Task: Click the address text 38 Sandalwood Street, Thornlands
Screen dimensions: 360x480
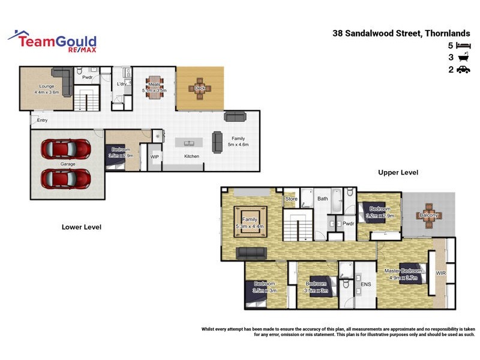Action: pos(401,34)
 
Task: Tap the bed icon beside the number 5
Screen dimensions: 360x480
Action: pos(463,46)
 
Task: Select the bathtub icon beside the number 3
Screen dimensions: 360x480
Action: pos(463,58)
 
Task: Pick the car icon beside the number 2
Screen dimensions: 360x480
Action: pos(463,70)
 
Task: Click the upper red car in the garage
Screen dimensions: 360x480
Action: pos(66,148)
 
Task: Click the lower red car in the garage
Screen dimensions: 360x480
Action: pos(66,178)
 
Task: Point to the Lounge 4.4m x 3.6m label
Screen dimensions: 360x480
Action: pos(47,89)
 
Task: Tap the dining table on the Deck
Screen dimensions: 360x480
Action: pos(200,88)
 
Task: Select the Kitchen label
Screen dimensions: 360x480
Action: pos(191,157)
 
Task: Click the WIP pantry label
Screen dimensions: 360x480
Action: pos(155,157)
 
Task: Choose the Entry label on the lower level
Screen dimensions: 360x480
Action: pos(42,121)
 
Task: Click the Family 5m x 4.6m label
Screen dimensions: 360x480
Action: pos(238,142)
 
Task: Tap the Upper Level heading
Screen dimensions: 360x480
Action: pos(398,173)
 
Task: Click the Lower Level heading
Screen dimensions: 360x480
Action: pos(82,227)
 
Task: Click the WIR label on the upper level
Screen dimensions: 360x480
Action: pos(441,273)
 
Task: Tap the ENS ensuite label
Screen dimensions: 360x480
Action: pos(365,285)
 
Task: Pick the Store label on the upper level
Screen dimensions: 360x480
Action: pos(292,199)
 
